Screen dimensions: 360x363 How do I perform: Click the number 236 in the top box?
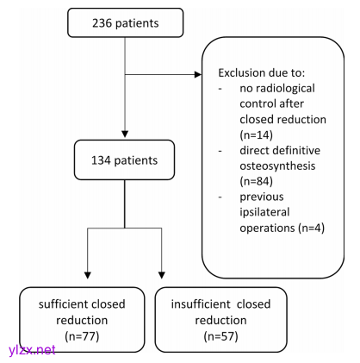coord(102,23)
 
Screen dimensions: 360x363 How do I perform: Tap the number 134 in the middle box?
coord(101,160)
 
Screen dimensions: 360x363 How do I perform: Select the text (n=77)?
coord(82,336)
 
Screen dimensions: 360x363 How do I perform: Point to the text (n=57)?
coord(220,336)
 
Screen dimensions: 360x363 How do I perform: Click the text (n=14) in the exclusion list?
coord(256,135)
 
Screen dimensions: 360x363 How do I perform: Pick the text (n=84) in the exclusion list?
coord(256,181)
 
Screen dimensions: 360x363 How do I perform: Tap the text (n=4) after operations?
coord(311,228)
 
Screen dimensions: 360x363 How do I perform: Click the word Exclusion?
coord(241,72)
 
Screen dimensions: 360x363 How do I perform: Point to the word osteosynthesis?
coord(277,166)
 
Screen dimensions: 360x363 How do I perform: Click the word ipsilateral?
coord(264,212)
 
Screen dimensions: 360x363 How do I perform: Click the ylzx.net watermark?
coord(32,350)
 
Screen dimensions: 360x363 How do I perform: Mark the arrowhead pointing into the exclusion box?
coord(198,75)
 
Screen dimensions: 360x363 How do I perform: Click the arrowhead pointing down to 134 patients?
coord(125,134)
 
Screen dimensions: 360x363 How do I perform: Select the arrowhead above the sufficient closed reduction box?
coord(88,275)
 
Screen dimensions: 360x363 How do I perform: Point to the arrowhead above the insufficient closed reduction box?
coord(162,275)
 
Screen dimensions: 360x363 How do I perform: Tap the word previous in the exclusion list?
coord(262,197)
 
